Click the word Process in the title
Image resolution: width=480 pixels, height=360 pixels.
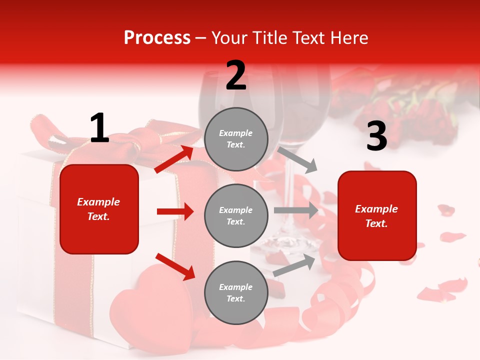tap(157, 38)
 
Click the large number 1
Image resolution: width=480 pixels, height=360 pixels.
tap(99, 128)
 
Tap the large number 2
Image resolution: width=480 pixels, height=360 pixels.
tap(236, 76)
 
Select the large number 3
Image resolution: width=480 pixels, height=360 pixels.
tap(376, 136)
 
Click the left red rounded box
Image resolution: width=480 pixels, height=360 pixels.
tap(99, 209)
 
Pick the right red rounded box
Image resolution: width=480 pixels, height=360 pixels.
tap(377, 216)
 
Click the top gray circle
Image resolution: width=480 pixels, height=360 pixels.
tap(236, 139)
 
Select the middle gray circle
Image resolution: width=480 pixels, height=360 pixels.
tap(236, 216)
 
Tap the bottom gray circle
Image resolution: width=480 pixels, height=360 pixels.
tap(236, 293)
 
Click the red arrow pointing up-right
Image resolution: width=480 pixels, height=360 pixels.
tap(174, 159)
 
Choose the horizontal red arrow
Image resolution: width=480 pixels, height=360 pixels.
tap(175, 211)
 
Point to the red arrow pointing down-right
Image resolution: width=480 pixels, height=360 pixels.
tap(175, 266)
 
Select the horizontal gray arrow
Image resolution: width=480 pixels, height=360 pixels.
tap(295, 210)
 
